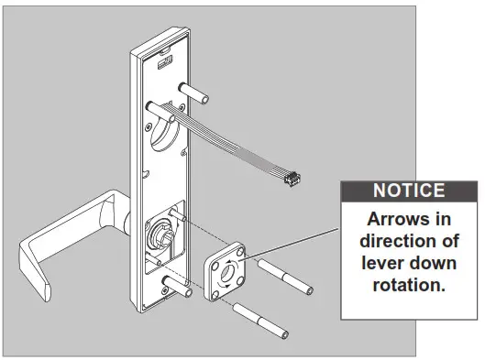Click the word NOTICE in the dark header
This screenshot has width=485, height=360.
pyautogui.click(x=408, y=191)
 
